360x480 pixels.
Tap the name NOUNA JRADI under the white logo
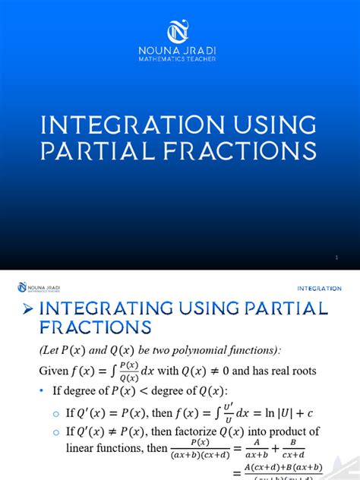pyautogui.click(x=180, y=55)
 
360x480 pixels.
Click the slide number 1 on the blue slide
pyautogui.click(x=336, y=259)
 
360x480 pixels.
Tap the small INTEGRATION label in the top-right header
pyautogui.click(x=319, y=289)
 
